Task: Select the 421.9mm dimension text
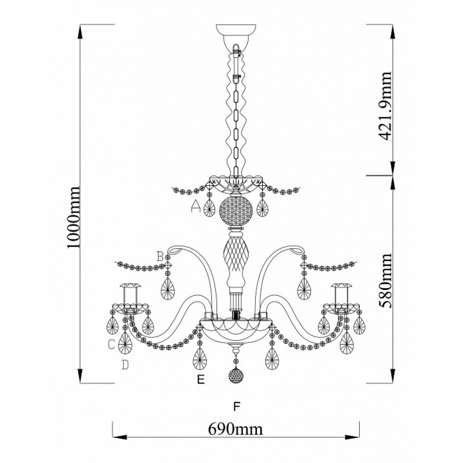click(x=386, y=106)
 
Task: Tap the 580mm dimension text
click(x=386, y=281)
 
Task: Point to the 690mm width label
click(x=235, y=429)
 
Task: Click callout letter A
click(x=196, y=206)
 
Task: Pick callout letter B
click(x=160, y=257)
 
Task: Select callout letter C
click(x=111, y=344)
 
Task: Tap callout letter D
click(x=125, y=365)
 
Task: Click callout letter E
click(x=201, y=380)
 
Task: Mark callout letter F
click(x=236, y=407)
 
